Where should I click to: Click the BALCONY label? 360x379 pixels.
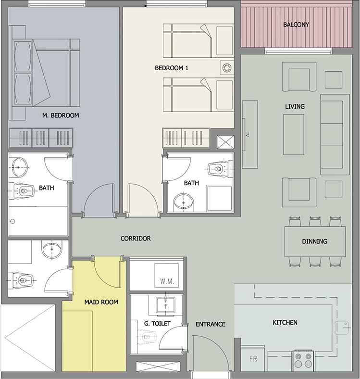(296, 25)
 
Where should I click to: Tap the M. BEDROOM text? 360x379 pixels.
(61, 115)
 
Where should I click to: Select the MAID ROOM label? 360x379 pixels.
(101, 302)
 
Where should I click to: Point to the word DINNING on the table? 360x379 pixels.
(314, 241)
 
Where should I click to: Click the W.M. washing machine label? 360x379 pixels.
(167, 281)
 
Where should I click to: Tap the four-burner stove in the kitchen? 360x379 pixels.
(303, 360)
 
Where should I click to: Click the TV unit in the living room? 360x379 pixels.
(250, 134)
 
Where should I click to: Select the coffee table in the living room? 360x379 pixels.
(294, 135)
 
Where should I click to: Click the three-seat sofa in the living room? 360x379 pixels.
(335, 134)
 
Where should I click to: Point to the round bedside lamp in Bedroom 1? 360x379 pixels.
(227, 68)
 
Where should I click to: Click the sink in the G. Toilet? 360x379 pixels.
(165, 305)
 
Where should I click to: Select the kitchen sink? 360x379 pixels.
(342, 328)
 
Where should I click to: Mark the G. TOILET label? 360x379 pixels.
(157, 323)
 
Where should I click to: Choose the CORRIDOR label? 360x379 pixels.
(136, 239)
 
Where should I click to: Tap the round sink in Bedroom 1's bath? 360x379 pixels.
(184, 201)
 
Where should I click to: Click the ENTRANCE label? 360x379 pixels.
(211, 324)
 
